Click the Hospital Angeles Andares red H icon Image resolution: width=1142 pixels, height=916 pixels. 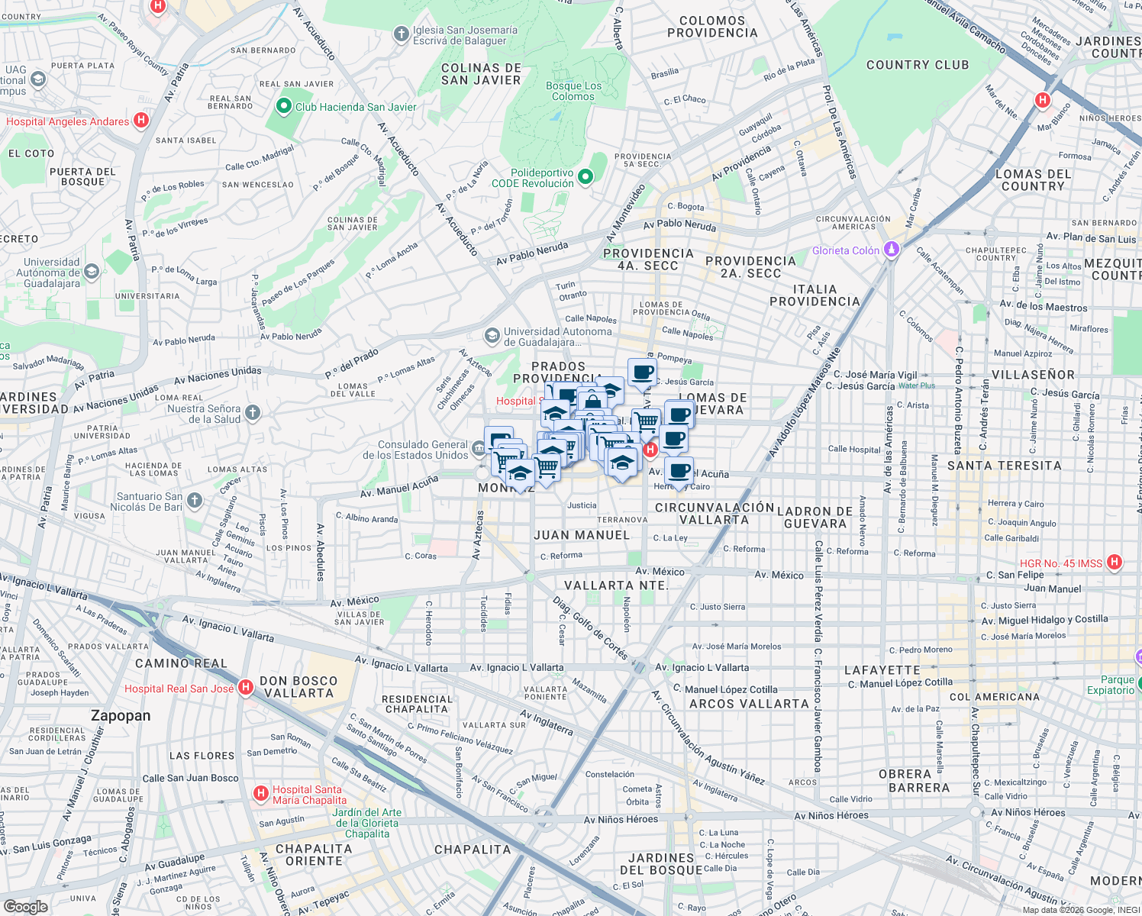coord(140,121)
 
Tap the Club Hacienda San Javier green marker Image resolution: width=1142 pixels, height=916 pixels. coord(284,106)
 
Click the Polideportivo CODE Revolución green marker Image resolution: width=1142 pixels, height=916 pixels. coord(586,177)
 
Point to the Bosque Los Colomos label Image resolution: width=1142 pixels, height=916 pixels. coord(573,91)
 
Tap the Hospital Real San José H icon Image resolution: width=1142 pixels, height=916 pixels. coord(245,688)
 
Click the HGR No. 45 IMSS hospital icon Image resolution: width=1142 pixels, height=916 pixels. coord(1114,563)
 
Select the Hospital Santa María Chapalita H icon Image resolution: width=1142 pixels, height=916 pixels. coord(261,794)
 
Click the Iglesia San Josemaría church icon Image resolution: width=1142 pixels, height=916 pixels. coord(401,34)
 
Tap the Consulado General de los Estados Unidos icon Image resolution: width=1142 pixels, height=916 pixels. coord(479,448)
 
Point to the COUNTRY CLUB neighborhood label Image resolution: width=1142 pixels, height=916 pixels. coord(917,65)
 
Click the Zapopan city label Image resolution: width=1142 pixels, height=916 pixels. coord(121,715)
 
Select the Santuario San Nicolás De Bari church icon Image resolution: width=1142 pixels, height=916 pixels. coord(195,501)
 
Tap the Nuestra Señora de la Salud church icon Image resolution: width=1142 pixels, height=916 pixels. coord(253,413)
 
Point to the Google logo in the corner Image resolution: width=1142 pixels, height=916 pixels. coord(25,906)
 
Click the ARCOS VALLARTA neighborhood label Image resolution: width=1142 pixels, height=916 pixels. coord(748,703)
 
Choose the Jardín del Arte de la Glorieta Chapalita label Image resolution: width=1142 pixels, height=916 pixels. coord(367,823)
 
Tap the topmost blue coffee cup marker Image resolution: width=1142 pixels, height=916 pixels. coord(642,373)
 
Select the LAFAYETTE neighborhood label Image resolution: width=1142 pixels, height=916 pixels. coord(882,670)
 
